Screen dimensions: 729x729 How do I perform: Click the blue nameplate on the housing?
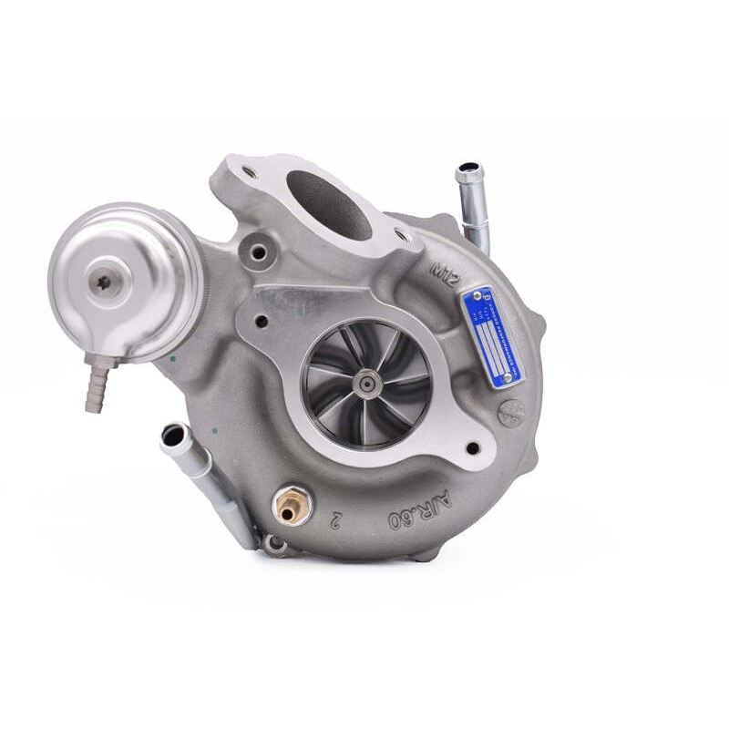(x=493, y=337)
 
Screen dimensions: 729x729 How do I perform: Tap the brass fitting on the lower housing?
(x=287, y=507)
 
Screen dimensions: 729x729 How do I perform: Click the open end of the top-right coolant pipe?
(x=468, y=170)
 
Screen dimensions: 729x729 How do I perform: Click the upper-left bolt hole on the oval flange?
(x=247, y=170)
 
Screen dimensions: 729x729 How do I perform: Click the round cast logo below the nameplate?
(x=511, y=412)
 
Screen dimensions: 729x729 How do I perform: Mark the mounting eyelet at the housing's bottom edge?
(x=273, y=544)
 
